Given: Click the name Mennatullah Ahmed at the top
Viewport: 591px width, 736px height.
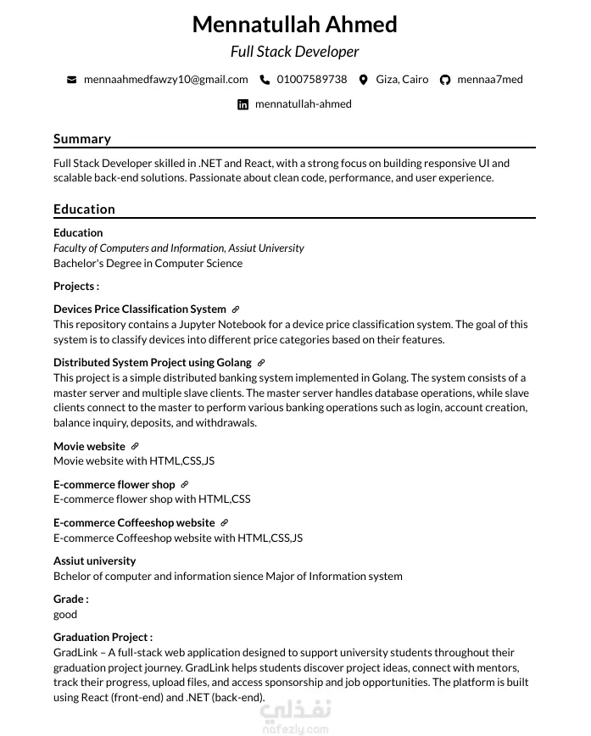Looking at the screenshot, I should click(294, 25).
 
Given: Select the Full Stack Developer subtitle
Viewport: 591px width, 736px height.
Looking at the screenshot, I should click(294, 52).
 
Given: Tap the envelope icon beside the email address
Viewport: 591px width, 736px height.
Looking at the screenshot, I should click(72, 80).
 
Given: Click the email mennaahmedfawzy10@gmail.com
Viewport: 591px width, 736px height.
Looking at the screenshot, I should click(165, 80).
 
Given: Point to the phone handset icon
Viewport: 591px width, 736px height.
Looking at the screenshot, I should click(265, 80).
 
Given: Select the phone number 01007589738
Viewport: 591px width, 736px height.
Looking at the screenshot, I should click(312, 80).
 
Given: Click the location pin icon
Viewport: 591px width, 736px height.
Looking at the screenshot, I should click(364, 80).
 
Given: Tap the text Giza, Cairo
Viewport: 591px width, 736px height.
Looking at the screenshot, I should click(402, 80).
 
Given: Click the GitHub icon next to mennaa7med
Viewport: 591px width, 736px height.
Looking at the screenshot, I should click(445, 80).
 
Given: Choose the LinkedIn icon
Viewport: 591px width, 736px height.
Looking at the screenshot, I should click(243, 104).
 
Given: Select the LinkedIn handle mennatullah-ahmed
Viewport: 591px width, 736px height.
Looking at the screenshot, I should click(303, 104).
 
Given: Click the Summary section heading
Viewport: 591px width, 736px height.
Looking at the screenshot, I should click(82, 139).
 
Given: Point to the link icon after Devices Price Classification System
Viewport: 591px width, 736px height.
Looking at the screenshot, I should click(236, 309).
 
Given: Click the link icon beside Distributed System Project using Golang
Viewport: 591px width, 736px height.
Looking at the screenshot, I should click(261, 363).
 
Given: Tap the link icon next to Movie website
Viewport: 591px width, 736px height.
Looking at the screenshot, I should click(135, 446).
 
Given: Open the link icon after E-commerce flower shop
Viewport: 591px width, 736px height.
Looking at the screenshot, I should click(185, 485).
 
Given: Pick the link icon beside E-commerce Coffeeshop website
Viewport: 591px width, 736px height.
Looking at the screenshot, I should click(225, 523).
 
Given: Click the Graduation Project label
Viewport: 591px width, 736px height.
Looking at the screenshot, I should click(103, 637).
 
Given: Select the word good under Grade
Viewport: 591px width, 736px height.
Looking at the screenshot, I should click(65, 614).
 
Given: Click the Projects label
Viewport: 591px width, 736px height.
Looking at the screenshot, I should click(75, 287).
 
